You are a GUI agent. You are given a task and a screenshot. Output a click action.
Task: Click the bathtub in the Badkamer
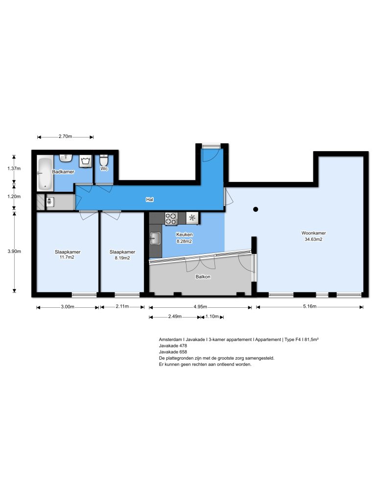pos(46,173)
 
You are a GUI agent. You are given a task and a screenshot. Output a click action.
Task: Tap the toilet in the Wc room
pos(104,161)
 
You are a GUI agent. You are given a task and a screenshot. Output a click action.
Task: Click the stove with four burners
pos(171,218)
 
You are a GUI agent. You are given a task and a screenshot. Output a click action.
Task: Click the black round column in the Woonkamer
pos(255,209)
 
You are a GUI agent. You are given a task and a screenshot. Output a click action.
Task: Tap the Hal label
pos(150,200)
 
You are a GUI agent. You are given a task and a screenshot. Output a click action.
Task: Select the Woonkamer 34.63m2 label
pos(314,236)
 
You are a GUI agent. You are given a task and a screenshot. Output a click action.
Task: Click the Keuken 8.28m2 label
pos(185,238)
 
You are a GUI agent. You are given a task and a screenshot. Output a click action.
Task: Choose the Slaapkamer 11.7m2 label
pos(68,255)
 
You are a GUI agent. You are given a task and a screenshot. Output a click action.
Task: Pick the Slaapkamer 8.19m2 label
pos(122,255)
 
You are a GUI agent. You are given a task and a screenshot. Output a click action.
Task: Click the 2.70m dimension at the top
pos(65,137)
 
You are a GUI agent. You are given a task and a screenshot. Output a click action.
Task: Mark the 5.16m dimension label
pos(309,307)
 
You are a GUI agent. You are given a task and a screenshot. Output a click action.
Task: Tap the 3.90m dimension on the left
pos(15,251)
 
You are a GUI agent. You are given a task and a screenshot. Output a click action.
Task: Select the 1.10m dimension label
pos(212,317)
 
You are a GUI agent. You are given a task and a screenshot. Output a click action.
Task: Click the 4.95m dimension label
pos(200,307)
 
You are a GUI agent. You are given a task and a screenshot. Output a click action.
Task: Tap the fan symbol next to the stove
pos(192,218)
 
